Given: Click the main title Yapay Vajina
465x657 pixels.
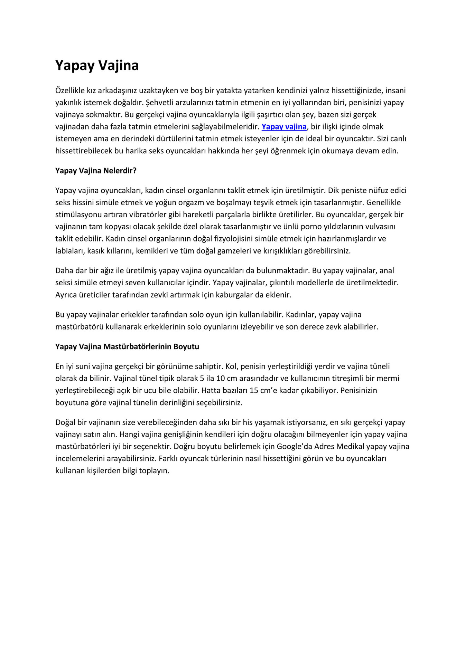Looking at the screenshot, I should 97,66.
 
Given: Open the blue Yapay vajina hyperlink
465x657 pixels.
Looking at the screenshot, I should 284,127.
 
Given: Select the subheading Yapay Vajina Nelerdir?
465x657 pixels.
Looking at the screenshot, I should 96,171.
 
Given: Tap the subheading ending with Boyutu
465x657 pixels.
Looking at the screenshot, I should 127,346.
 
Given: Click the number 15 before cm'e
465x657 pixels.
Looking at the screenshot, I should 254,390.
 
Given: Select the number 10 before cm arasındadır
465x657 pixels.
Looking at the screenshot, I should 221,378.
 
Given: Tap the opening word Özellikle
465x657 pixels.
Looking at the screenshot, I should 70,91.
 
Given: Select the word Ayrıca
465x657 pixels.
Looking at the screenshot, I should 66,295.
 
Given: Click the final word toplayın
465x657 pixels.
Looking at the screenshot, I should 154,470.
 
